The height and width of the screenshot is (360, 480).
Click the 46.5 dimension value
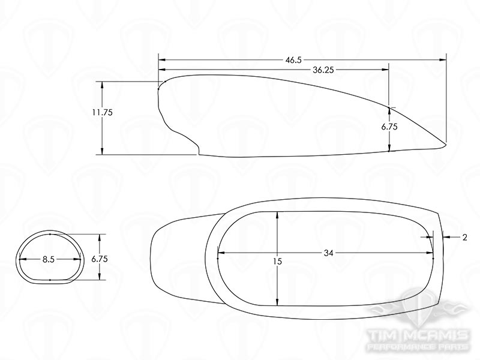click(294, 60)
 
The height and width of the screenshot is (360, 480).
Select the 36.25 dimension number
click(323, 70)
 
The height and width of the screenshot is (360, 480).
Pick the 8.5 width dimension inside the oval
click(49, 260)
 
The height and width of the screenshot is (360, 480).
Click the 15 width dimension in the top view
click(277, 262)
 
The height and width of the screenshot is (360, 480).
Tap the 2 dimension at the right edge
click(465, 238)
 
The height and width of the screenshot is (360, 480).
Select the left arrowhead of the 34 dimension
click(220, 253)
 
